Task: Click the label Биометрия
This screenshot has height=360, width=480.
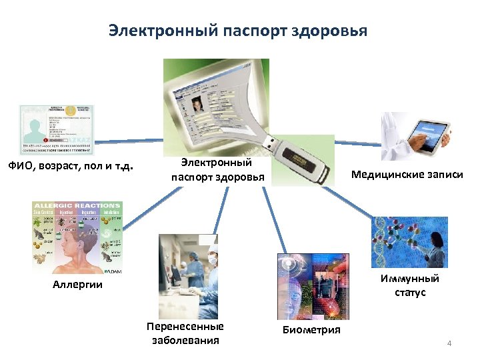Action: (311, 330)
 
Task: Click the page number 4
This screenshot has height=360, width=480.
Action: (449, 344)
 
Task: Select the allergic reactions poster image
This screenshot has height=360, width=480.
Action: (77, 237)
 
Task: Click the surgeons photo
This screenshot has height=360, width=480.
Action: (189, 275)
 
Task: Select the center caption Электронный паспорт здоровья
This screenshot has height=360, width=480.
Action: (217, 170)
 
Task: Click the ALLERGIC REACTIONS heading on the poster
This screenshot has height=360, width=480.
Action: (77, 205)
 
